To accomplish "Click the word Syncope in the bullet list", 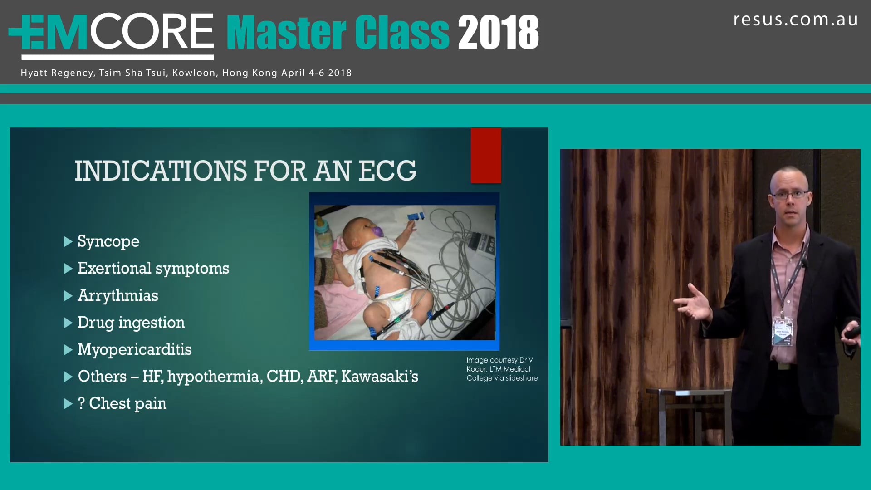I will [x=108, y=241].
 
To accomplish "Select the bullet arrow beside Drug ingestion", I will [x=68, y=323].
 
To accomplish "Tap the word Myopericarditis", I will [x=134, y=349].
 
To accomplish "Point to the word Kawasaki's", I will [x=379, y=377].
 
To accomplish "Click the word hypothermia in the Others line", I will [x=215, y=377].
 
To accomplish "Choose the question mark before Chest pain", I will [x=81, y=403].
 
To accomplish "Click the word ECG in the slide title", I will [x=387, y=171].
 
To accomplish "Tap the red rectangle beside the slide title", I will [x=485, y=156].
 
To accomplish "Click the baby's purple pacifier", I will [x=377, y=231].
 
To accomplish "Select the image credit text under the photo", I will [x=501, y=369].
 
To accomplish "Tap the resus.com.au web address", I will [x=795, y=20].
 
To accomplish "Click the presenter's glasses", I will [x=790, y=195].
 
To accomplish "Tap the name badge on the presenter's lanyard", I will [x=783, y=331].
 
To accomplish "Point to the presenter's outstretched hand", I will [x=692, y=303].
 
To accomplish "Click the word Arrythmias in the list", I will [x=117, y=295].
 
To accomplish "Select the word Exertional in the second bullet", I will [x=114, y=268].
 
